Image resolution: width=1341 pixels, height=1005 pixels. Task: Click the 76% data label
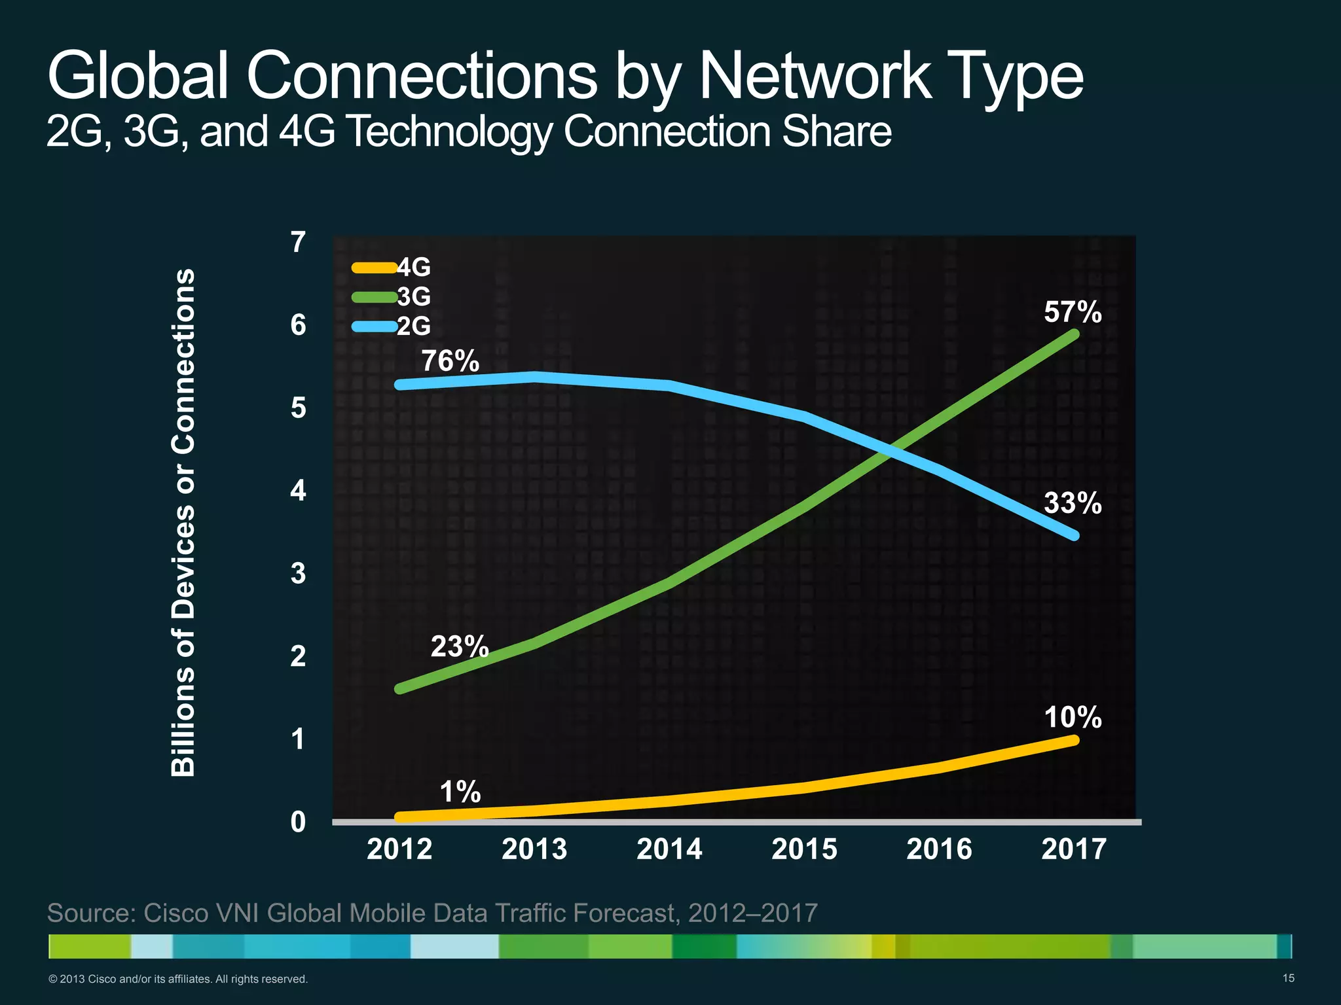coord(450,361)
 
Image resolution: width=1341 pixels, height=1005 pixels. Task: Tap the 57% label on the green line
coord(1073,312)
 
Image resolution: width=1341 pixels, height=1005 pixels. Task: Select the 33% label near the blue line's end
coord(1073,503)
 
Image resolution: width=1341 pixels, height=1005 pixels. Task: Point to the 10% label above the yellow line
coord(1073,717)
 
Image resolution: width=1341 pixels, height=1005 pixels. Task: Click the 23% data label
coord(460,646)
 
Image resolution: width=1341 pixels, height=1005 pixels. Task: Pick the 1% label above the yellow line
coord(460,792)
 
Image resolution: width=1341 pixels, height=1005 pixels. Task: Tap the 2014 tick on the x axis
coord(669,849)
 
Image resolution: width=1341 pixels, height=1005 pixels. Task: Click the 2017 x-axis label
coord(1074,849)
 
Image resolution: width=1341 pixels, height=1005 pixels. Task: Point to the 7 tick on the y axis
coord(298,242)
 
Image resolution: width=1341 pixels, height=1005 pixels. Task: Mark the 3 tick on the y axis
coord(298,573)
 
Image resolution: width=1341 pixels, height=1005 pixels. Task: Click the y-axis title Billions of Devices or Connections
coord(184,522)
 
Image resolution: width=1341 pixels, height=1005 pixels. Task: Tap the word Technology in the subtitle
coord(449,131)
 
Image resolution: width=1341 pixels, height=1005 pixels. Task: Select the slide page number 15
coord(1288,978)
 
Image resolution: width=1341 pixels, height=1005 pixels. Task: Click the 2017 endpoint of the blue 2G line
coord(1074,535)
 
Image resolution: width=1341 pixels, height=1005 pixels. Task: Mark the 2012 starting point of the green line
coord(399,688)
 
